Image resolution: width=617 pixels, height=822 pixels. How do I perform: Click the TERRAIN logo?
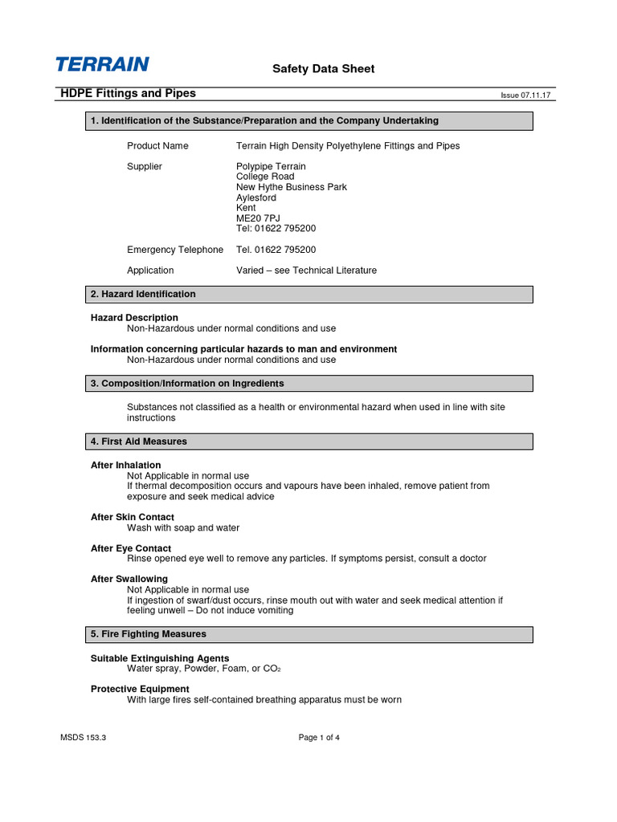coord(102,64)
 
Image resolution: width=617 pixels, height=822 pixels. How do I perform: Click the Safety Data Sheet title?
coord(323,69)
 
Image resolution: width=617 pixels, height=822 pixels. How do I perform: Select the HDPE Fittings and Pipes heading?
coord(129,93)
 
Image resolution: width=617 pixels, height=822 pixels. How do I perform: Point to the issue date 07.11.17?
coord(529,95)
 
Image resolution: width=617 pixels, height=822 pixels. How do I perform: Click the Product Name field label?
coord(157,146)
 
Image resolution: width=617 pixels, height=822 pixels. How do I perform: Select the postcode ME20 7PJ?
coord(258,218)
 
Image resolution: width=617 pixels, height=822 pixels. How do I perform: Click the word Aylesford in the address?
coord(256,197)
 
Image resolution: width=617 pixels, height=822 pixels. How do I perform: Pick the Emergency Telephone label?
coord(175,250)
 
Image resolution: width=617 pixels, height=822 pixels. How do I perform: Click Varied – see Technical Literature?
coord(306,271)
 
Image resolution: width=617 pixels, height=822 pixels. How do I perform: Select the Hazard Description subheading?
coord(134,318)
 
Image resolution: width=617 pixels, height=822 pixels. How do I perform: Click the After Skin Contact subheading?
coord(133,517)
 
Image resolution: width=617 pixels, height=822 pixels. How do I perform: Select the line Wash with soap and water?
coord(183,528)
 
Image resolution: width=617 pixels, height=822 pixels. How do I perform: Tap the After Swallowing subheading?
coord(129,579)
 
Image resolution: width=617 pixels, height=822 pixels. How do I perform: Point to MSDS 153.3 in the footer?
coord(83,738)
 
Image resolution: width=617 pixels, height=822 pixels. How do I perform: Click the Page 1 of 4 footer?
coord(319,738)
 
